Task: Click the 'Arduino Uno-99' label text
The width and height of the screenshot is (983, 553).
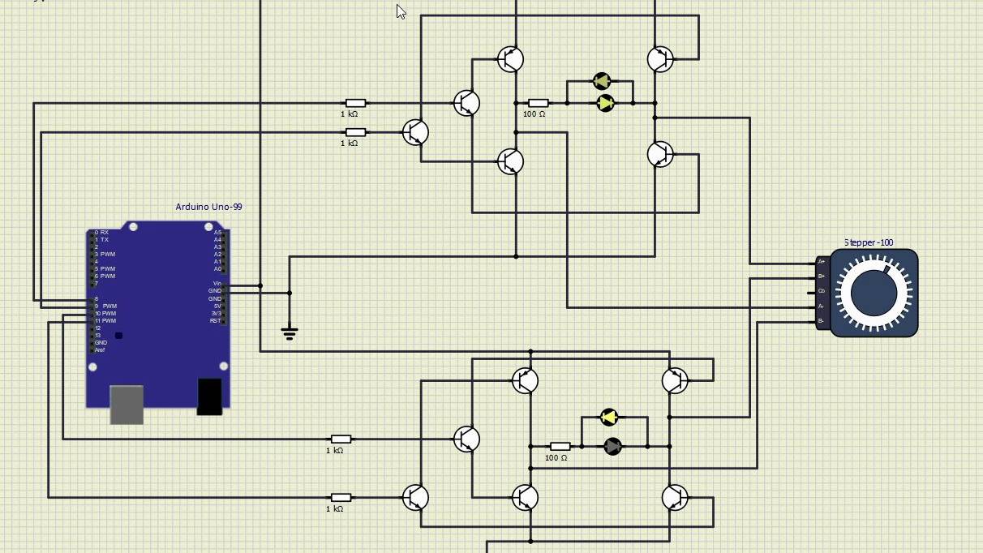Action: tap(208, 207)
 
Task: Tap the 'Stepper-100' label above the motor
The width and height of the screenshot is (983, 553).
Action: tap(868, 242)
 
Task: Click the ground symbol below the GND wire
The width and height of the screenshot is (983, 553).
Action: tap(290, 332)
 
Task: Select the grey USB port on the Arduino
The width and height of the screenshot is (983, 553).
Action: tap(127, 404)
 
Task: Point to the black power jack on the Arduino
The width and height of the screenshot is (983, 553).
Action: tap(209, 396)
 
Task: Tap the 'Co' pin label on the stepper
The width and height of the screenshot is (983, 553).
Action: tap(821, 291)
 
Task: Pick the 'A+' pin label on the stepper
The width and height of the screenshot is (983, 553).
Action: tap(821, 262)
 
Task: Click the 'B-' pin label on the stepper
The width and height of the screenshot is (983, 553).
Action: tap(821, 321)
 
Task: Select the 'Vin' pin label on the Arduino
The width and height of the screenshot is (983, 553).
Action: tap(217, 284)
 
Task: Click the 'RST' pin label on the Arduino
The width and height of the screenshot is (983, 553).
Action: tap(215, 321)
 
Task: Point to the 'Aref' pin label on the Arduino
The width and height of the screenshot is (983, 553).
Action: tap(100, 350)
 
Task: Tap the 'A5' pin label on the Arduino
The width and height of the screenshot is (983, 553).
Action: tap(217, 233)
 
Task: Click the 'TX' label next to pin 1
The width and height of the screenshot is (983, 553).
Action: tap(105, 240)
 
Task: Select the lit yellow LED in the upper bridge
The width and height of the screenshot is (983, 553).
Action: tap(605, 103)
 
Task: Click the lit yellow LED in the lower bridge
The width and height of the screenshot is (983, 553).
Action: tap(609, 418)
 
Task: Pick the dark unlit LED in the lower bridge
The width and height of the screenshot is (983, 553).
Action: tap(613, 446)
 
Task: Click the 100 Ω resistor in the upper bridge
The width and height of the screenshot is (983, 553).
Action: tap(538, 103)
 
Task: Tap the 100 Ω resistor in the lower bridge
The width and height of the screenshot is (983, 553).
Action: tap(560, 446)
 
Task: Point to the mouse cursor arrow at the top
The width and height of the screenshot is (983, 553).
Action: tap(400, 11)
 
